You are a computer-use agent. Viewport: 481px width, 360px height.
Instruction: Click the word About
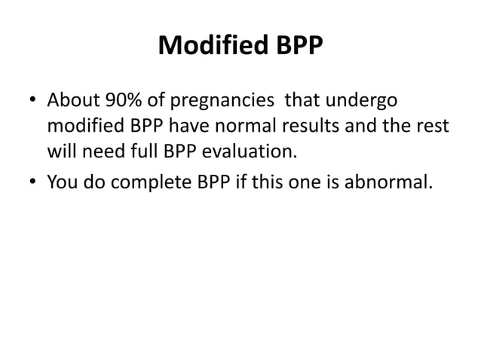pos(69,100)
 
